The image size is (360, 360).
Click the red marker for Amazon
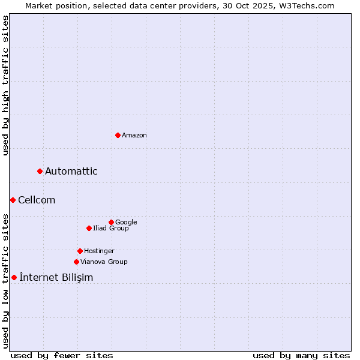tap(118, 135)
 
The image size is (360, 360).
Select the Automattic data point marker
tap(40, 172)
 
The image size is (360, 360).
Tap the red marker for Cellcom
tap(13, 200)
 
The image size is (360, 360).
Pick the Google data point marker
tap(111, 222)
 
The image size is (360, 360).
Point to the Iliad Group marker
tap(89, 228)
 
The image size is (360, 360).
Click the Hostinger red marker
tap(80, 251)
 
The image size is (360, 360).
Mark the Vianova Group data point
tap(76, 262)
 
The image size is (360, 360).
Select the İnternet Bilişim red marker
tap(14, 277)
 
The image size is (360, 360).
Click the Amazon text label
tap(134, 136)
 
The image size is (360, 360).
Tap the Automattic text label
tap(71, 172)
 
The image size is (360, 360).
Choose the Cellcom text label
tap(37, 200)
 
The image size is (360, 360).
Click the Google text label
tap(126, 222)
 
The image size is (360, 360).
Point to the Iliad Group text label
tap(111, 228)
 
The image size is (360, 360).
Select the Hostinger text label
tap(99, 251)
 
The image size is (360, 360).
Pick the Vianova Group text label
tap(104, 262)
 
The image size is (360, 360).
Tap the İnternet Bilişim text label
tap(56, 277)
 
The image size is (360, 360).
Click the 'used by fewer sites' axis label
tap(62, 355)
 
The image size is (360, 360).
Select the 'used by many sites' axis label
tap(301, 355)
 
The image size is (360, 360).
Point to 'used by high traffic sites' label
tap(5, 85)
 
